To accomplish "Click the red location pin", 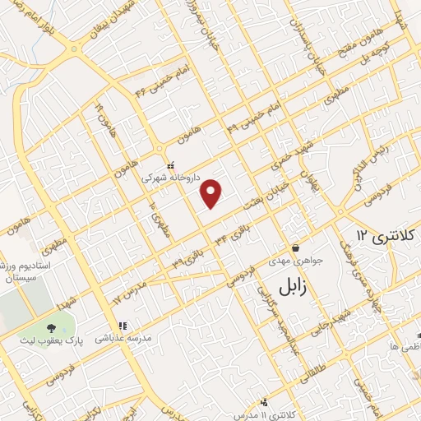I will pyautogui.click(x=212, y=193).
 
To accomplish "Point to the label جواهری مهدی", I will pyautogui.click(x=295, y=261).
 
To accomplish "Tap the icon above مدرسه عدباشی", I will pyautogui.click(x=122, y=325).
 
